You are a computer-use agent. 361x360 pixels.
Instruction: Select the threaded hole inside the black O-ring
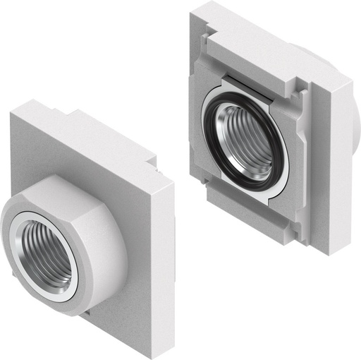coord(244,138)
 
